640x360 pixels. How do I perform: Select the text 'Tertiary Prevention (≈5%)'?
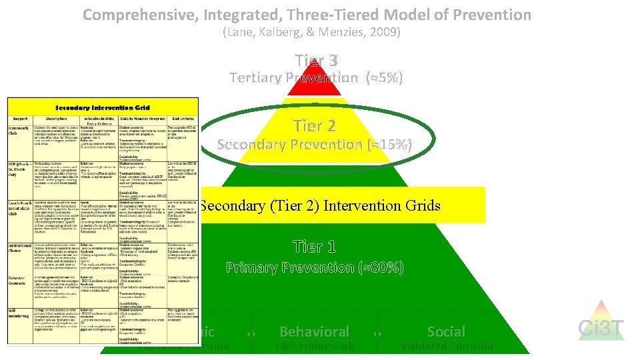point(316,78)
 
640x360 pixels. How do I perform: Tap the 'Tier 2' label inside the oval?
point(315,125)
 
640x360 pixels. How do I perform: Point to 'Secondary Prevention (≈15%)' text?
point(315,144)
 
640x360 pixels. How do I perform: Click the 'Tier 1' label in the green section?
point(315,247)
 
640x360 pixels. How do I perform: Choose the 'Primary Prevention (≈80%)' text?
point(315,268)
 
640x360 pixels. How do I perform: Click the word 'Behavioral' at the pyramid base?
point(314,331)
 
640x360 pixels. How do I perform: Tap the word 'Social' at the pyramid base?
point(446,331)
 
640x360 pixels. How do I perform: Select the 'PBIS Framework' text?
point(314,346)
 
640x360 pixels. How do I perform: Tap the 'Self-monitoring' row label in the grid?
point(21,312)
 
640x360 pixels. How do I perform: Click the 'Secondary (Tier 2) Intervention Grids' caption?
point(320,205)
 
